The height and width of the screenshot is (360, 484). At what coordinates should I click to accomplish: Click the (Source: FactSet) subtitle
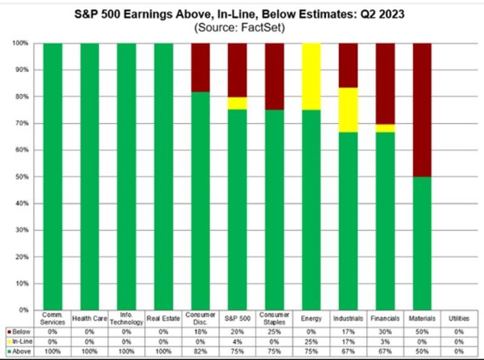[x=243, y=28]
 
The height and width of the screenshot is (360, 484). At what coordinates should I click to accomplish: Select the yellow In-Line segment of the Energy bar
[x=311, y=77]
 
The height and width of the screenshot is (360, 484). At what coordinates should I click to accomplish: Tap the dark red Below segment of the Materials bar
[x=422, y=110]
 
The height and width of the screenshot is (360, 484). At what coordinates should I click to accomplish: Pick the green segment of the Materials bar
[x=422, y=243]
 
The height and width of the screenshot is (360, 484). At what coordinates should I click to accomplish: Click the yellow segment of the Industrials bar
[x=348, y=110]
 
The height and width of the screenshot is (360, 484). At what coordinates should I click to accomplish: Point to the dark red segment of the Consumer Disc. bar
[x=200, y=67]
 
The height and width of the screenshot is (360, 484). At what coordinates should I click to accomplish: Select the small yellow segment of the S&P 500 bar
[x=237, y=103]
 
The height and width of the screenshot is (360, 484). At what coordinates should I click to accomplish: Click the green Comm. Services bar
[x=53, y=176]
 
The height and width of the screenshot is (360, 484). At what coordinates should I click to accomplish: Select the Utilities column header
[x=459, y=318]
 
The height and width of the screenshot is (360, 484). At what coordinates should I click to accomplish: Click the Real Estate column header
[x=163, y=318]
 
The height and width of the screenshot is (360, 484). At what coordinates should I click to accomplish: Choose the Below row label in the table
[x=19, y=332]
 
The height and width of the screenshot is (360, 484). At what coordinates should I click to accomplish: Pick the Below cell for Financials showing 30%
[x=385, y=332]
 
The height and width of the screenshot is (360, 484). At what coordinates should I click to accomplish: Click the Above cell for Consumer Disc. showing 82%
[x=200, y=351]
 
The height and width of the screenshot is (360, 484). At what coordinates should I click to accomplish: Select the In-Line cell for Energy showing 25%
[x=311, y=341]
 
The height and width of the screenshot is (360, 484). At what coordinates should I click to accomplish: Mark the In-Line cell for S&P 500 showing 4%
[x=237, y=341]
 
